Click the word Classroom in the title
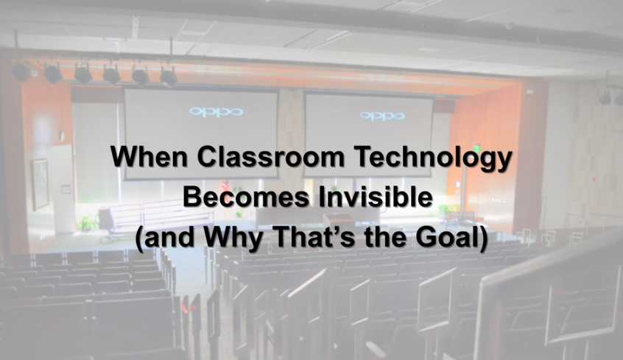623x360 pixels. [270, 156]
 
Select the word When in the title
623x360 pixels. [149, 156]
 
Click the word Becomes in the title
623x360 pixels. [246, 197]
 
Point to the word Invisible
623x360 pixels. [375, 197]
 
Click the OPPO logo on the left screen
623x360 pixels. [217, 112]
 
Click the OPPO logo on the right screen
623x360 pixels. [383, 116]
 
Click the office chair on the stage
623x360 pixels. [107, 225]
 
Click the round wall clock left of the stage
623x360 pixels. [62, 136]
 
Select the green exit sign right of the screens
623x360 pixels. [475, 148]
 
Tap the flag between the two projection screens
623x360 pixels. [225, 186]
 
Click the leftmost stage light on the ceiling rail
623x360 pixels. [21, 72]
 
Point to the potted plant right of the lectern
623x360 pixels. [448, 210]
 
